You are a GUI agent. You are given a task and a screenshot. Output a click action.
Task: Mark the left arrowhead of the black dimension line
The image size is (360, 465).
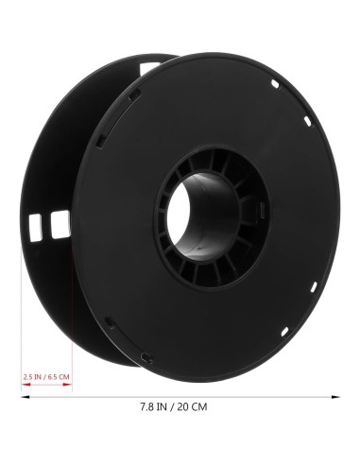[x=23, y=397]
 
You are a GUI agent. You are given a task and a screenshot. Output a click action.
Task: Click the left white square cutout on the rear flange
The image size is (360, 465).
[x=39, y=224]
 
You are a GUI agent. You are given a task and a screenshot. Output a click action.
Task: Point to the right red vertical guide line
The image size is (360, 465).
[x=73, y=312]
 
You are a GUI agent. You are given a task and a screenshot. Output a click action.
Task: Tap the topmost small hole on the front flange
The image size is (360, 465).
[x=272, y=84]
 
